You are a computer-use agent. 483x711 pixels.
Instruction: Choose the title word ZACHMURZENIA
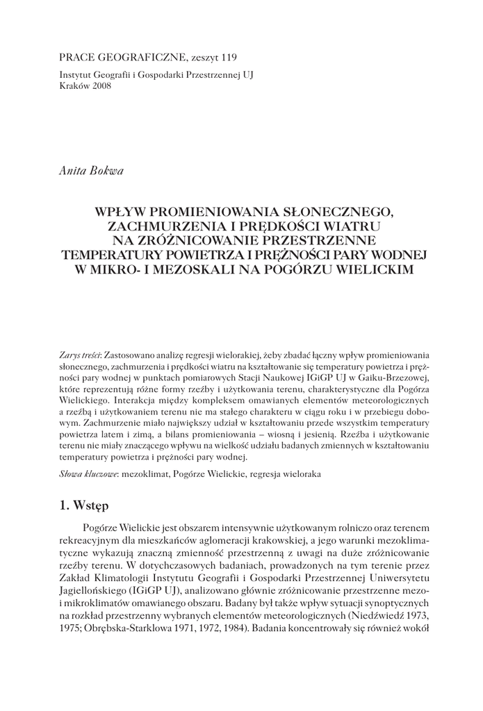pos(163,226)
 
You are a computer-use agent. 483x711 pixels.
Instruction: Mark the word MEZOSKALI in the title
pos(213,267)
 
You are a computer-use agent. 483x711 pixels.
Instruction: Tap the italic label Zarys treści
pos(81,355)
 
